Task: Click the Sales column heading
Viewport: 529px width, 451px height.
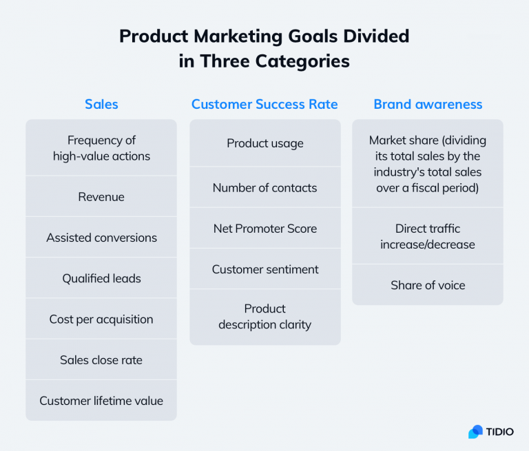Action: (101, 105)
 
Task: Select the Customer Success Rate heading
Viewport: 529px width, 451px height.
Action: (264, 105)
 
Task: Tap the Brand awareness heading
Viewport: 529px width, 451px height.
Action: (428, 105)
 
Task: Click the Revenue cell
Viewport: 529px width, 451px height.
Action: (101, 197)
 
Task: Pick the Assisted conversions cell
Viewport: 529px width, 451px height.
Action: (101, 238)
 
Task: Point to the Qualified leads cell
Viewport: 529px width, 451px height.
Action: (101, 278)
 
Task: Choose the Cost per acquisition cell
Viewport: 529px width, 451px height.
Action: (101, 319)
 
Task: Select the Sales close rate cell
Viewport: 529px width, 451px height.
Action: (101, 359)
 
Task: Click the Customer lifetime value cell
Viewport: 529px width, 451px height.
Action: (101, 401)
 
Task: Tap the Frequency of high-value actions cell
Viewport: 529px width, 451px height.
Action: (101, 148)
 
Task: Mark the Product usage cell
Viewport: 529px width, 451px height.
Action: (264, 143)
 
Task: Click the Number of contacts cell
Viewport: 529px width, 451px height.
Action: (264, 187)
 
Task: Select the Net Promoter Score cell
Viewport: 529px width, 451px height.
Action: (264, 228)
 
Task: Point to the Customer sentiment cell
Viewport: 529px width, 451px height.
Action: (264, 269)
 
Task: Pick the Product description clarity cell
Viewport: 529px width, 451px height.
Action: (264, 317)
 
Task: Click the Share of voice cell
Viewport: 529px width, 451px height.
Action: (428, 285)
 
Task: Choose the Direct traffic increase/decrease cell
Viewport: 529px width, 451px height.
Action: (428, 236)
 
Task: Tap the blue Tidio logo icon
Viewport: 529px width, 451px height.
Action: (475, 432)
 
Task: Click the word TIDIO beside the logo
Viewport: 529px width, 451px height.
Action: (500, 432)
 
